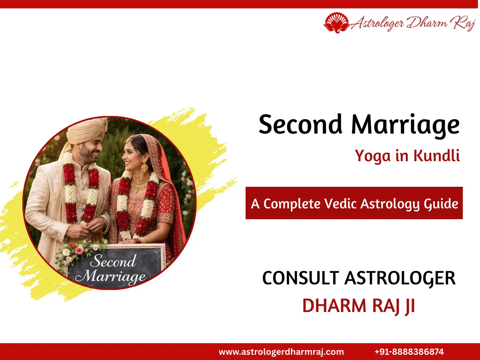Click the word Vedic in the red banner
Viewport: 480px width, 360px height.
click(x=337, y=204)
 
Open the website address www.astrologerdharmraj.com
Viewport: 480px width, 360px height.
click(x=281, y=352)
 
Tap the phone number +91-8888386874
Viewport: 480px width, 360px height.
click(x=409, y=352)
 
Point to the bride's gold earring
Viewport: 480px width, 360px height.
click(x=144, y=166)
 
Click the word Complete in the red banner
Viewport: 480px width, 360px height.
click(x=292, y=204)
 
